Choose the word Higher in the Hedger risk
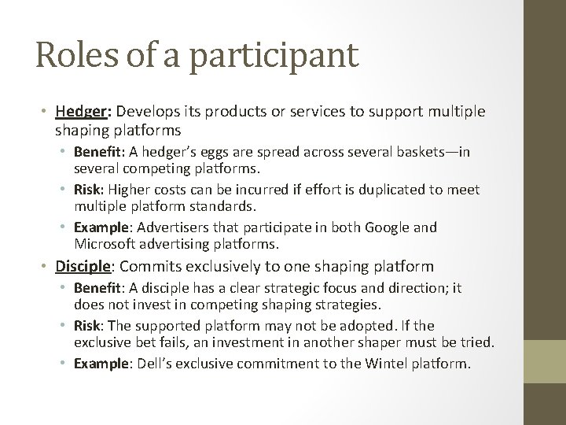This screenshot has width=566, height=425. tap(128, 190)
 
